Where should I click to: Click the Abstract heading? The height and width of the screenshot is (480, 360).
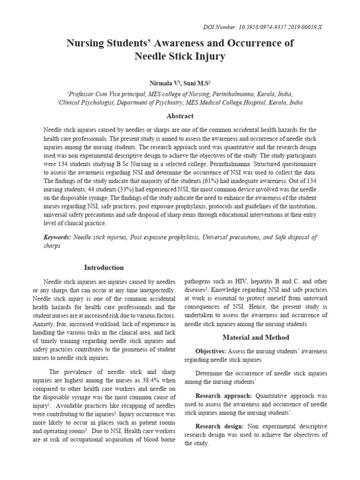point(180,116)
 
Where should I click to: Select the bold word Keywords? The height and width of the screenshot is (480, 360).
point(57,237)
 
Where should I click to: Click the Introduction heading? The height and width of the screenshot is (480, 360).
point(104,268)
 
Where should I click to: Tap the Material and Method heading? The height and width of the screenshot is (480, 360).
point(256,337)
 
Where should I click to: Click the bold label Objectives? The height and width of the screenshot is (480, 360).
point(211,351)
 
